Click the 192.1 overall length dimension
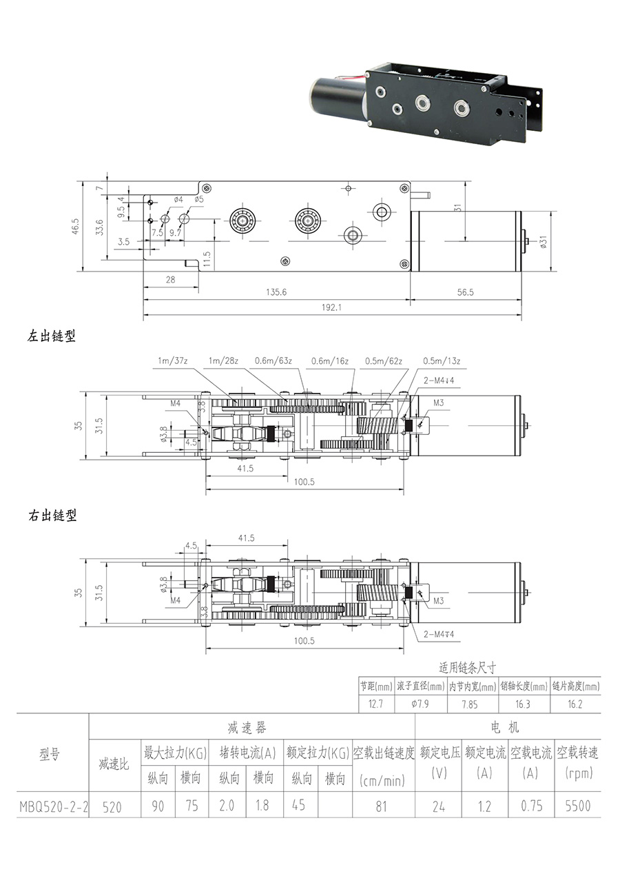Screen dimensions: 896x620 click(x=331, y=307)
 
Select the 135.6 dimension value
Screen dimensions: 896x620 click(x=276, y=292)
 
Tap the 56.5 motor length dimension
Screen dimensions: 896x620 click(x=466, y=292)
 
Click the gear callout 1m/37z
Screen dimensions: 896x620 click(x=172, y=360)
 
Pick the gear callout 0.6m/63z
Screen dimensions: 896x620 click(x=273, y=360)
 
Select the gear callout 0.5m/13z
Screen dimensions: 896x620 click(x=442, y=360)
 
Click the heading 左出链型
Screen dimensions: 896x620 click(x=52, y=337)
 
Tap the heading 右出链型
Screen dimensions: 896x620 click(x=52, y=516)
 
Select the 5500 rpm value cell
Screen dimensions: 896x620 click(x=578, y=805)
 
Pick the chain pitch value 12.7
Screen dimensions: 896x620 click(x=376, y=704)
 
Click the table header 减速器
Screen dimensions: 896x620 click(x=247, y=728)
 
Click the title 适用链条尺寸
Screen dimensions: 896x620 click(x=468, y=668)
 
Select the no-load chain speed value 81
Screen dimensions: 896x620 click(x=382, y=806)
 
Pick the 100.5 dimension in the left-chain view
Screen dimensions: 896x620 click(x=304, y=482)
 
